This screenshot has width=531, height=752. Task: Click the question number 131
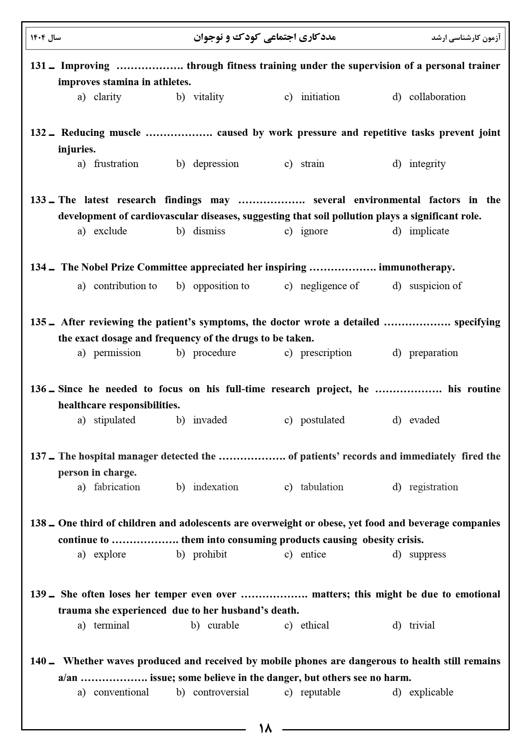38,66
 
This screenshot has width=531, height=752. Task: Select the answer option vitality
208,97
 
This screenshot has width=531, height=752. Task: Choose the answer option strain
312,164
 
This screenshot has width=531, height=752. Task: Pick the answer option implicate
429,231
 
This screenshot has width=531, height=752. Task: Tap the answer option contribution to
125,286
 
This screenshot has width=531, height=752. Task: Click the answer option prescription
326,353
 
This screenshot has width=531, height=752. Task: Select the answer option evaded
424,420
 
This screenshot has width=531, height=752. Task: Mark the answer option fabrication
117,487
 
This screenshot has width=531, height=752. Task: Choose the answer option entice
313,555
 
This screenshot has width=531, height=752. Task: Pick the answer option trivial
422,626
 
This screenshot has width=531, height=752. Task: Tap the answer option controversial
221,693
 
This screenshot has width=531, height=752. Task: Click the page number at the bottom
265,729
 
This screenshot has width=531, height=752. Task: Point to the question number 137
38,457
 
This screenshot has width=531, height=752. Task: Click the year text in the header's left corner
46,38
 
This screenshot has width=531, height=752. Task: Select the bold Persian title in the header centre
264,37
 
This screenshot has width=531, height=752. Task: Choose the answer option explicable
431,693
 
